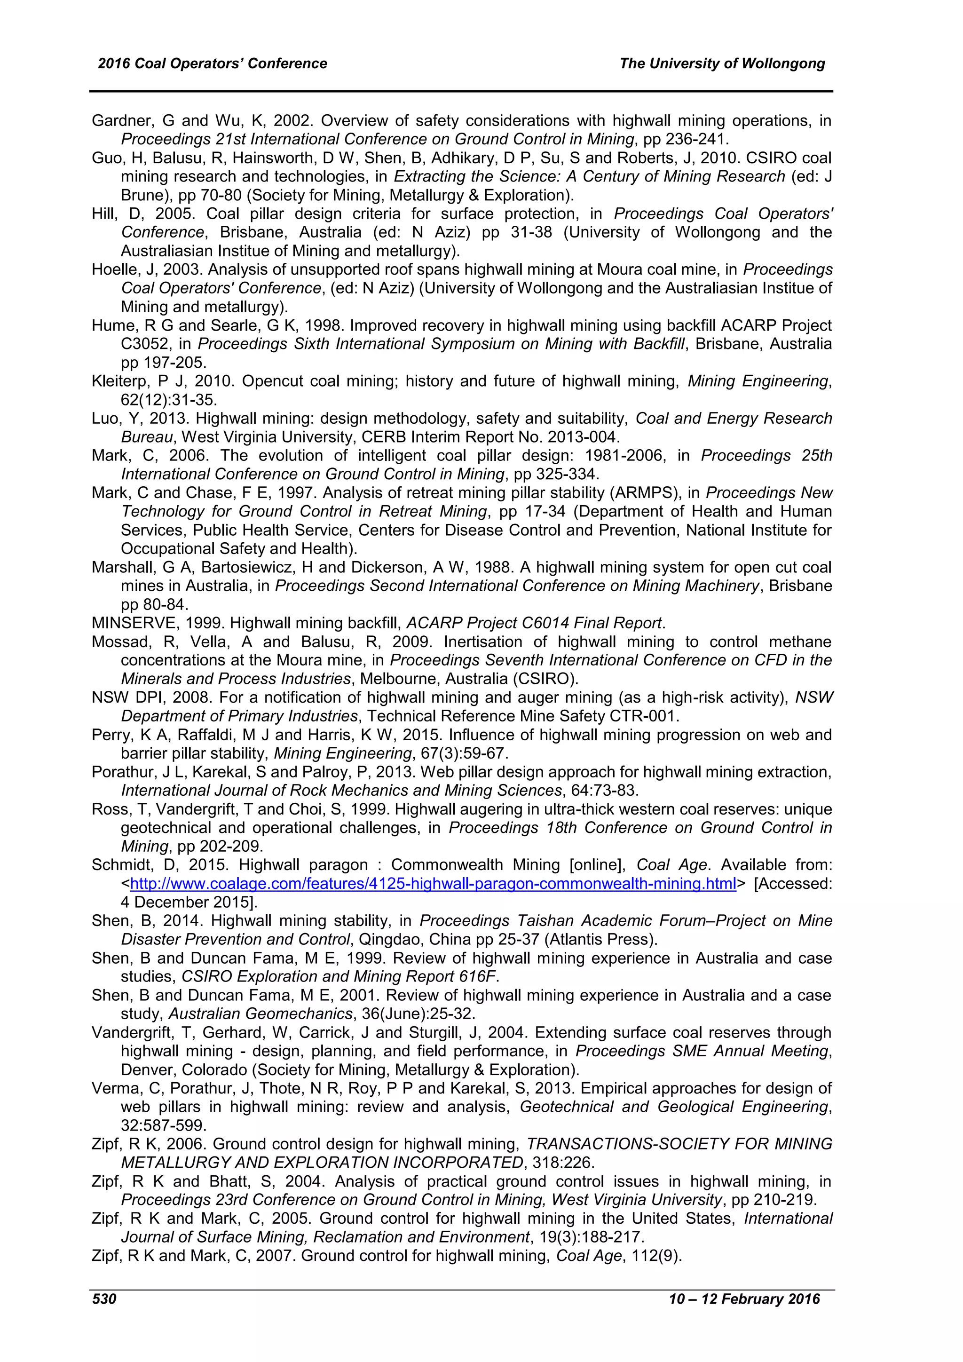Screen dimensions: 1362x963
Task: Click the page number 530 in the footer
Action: (104, 1300)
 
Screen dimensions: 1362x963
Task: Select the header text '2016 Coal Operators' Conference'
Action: (212, 64)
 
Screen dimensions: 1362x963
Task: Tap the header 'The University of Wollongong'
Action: (722, 64)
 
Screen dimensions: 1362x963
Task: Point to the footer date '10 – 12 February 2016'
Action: (744, 1300)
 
